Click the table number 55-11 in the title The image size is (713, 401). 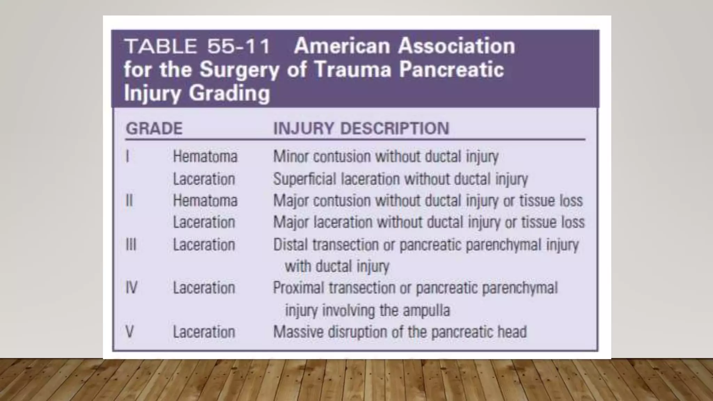tap(238, 46)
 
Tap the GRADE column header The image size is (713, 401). tap(154, 128)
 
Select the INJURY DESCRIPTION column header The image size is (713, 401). tap(361, 128)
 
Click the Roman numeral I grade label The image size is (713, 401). tap(127, 156)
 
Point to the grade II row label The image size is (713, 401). tap(129, 200)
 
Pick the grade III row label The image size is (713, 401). tap(131, 245)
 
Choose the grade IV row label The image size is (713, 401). tap(131, 288)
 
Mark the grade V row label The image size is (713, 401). tap(130, 332)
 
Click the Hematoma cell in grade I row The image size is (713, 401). tap(205, 156)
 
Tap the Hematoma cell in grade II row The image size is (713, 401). tap(205, 200)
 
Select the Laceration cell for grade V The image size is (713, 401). tap(204, 332)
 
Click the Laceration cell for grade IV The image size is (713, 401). tap(204, 288)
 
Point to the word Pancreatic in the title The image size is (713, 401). tap(451, 70)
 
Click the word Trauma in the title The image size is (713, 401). tap(353, 70)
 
